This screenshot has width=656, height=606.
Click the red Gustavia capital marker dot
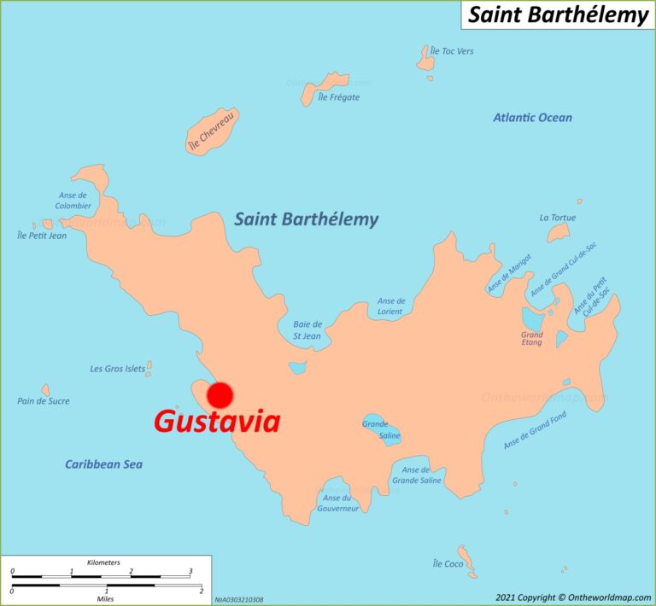click(x=220, y=394)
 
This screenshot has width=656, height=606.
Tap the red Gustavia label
click(x=217, y=422)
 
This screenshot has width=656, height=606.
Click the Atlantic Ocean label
click(x=532, y=118)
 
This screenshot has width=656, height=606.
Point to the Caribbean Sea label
click(x=103, y=464)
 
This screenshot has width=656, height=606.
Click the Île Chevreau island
click(x=212, y=132)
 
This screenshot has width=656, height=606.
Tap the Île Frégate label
click(x=338, y=97)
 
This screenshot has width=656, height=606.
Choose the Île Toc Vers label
click(x=452, y=51)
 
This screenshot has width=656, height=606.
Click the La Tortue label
click(x=557, y=218)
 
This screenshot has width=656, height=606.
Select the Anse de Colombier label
click(x=73, y=201)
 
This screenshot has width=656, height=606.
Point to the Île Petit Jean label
click(x=42, y=236)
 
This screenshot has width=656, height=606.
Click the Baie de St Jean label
click(x=307, y=329)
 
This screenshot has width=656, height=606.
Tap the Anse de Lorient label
click(x=391, y=306)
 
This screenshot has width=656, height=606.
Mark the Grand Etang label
click(x=531, y=338)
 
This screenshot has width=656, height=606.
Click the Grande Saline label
click(x=376, y=429)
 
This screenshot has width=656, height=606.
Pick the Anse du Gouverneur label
click(x=337, y=503)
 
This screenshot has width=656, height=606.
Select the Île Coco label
click(x=448, y=564)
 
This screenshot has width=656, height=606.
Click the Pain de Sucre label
click(x=44, y=401)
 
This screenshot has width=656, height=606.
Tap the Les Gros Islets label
click(x=117, y=369)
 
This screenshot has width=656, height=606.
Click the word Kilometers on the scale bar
click(x=103, y=562)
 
